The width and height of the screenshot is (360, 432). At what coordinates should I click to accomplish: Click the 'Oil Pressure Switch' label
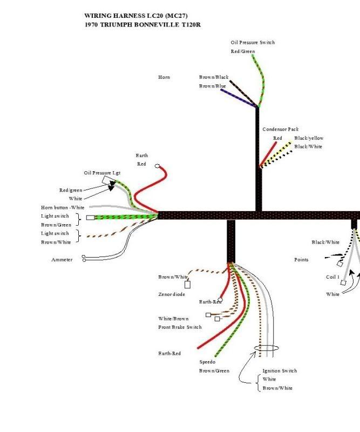(253, 43)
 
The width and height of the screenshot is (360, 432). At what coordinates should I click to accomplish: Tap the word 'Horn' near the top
(164, 77)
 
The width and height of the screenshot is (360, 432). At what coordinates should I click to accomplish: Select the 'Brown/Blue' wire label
(212, 86)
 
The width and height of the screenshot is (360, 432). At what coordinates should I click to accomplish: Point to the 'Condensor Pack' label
(281, 129)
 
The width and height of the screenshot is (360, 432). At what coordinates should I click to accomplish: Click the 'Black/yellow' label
(309, 138)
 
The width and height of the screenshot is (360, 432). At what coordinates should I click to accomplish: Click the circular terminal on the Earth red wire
(157, 166)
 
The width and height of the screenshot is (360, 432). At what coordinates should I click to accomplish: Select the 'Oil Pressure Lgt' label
(102, 173)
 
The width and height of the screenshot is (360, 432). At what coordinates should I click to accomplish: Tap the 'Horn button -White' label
(63, 207)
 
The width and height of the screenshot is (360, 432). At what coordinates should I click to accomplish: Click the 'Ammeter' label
(62, 260)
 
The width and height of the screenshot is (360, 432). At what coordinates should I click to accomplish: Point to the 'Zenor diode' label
(172, 294)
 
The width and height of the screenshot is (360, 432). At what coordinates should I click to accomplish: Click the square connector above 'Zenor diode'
(187, 285)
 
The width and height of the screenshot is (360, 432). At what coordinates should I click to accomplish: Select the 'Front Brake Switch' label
(180, 327)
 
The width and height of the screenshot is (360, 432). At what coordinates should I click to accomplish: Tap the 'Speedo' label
(207, 362)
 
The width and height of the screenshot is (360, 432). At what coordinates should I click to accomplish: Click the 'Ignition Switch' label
(280, 370)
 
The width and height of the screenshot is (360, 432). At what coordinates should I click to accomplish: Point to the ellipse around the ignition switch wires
(266, 345)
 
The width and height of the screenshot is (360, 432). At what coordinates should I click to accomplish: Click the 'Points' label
(301, 260)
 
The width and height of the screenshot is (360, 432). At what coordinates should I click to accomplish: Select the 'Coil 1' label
(332, 277)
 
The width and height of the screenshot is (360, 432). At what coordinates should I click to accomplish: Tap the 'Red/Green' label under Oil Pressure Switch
(243, 51)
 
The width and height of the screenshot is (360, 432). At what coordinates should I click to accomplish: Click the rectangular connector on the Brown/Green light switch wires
(90, 218)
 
